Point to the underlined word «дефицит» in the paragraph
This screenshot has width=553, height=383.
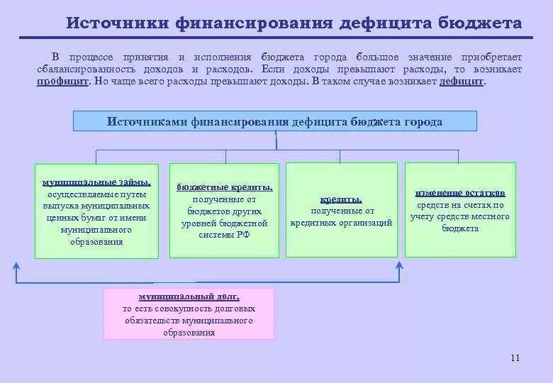click(x=461, y=82)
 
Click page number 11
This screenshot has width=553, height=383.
click(x=515, y=358)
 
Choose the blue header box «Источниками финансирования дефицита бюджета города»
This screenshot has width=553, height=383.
click(x=275, y=121)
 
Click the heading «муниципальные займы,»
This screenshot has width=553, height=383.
click(x=97, y=182)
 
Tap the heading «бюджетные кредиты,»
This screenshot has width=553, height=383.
click(x=224, y=187)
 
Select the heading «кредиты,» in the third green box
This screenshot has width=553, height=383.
click(x=341, y=199)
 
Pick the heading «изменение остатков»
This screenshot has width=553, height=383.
click(x=460, y=193)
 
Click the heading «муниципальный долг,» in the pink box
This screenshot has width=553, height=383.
click(x=189, y=297)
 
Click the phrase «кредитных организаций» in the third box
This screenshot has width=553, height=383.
click(x=342, y=223)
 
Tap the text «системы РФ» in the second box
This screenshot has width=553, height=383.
click(x=224, y=235)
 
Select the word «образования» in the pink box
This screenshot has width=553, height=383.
click(x=189, y=332)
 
